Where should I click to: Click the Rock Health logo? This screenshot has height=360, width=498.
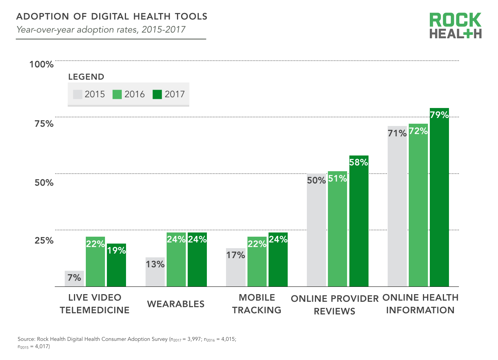pyautogui.click(x=455, y=26)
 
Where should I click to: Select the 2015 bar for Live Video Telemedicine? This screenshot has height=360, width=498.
pyautogui.click(x=74, y=279)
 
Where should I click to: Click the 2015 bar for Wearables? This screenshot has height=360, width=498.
pyautogui.click(x=155, y=272)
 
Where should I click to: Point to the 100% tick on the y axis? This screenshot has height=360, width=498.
pyautogui.click(x=41, y=64)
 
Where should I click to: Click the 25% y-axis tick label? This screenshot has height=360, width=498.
pyautogui.click(x=44, y=241)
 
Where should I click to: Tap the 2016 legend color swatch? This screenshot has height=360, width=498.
pyautogui.click(x=117, y=94)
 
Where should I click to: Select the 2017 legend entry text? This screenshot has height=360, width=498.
pyautogui.click(x=175, y=94)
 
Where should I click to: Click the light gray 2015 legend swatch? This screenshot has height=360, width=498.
pyautogui.click(x=78, y=94)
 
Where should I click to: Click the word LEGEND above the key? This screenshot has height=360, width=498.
pyautogui.click(x=86, y=77)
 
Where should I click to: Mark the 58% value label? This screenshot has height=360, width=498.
pyautogui.click(x=359, y=162)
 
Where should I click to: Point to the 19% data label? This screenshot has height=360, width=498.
pyautogui.click(x=116, y=250)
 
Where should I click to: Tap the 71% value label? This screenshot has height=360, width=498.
pyautogui.click(x=397, y=133)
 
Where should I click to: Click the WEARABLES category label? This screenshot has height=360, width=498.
pyautogui.click(x=176, y=304)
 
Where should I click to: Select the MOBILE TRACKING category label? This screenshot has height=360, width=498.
pyautogui.click(x=257, y=304)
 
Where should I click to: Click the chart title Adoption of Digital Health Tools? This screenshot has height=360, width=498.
pyautogui.click(x=112, y=16)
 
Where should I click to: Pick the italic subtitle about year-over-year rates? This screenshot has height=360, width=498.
pyautogui.click(x=101, y=30)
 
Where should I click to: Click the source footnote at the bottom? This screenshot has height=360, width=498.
pyautogui.click(x=127, y=343)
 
